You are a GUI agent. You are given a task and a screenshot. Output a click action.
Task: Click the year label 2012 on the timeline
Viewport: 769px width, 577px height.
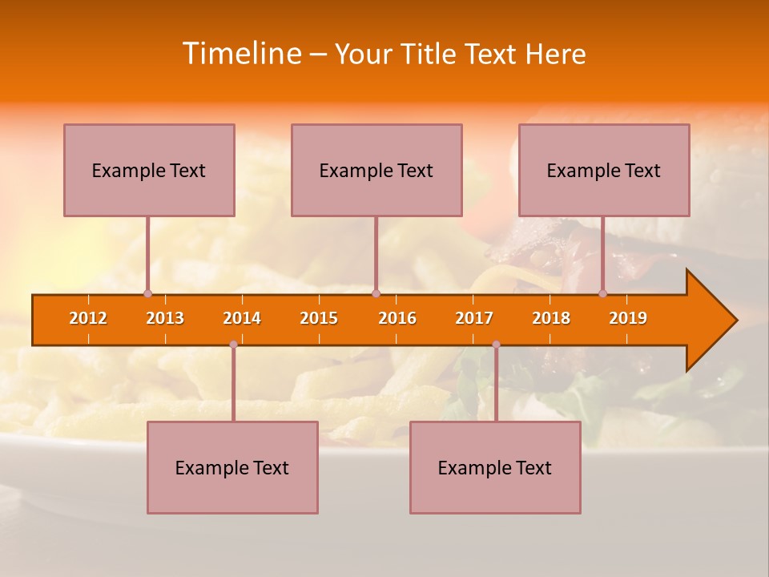pos(88,318)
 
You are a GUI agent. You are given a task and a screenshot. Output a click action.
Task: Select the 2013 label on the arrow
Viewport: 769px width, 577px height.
pos(165,318)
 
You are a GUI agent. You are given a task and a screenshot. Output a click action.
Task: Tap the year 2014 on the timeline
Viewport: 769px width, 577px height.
pos(242,318)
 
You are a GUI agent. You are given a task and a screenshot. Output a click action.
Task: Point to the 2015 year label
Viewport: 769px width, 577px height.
pos(319,318)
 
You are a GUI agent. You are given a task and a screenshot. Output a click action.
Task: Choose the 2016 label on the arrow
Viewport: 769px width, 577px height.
pos(397,318)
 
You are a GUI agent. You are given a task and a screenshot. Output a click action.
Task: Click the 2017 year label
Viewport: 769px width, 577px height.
pos(474,318)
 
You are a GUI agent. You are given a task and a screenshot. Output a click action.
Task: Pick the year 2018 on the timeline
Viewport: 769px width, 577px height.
pos(551,318)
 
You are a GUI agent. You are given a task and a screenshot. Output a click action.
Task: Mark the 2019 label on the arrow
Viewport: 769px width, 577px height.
pos(628,318)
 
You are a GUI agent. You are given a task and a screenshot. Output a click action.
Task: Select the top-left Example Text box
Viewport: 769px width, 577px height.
pos(149,170)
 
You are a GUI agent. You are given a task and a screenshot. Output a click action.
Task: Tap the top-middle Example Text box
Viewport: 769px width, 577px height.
pos(376,170)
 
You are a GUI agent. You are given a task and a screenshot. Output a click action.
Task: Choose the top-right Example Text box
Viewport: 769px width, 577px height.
pos(604,170)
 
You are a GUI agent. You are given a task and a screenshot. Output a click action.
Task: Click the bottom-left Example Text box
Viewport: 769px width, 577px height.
pos(232,467)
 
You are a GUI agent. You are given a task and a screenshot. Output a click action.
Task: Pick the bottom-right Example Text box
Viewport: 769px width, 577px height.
pos(495,467)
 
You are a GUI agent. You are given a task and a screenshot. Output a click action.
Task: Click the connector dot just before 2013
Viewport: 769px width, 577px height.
pos(147,293)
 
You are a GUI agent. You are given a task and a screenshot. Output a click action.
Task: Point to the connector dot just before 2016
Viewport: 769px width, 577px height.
pos(376,293)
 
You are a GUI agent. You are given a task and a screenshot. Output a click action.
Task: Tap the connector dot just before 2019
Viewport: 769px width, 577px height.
pos(603,293)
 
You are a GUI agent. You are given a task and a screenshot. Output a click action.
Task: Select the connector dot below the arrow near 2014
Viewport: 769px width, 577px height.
pos(233,345)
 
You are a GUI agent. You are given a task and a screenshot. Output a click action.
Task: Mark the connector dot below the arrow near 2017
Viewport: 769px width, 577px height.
pos(496,345)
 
